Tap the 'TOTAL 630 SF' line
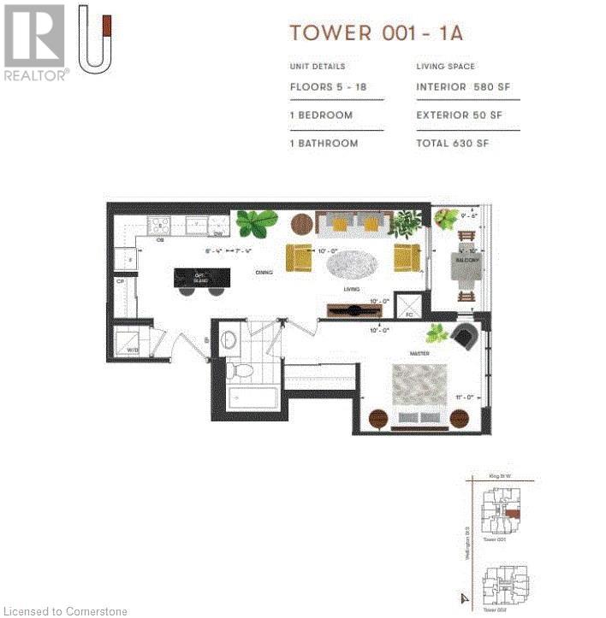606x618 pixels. coord(452,144)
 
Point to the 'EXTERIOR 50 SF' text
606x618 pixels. coord(459,115)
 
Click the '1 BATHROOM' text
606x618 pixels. coord(324,144)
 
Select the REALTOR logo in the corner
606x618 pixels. coord(35,43)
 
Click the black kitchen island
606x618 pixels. coord(202,278)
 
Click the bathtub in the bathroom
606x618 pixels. coord(253,399)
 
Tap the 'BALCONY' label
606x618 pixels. coord(467,257)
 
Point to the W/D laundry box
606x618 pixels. coord(131,341)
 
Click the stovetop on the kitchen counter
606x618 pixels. coord(160,226)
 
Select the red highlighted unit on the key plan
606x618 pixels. coord(512,514)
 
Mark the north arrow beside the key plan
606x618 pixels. coord(464,599)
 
